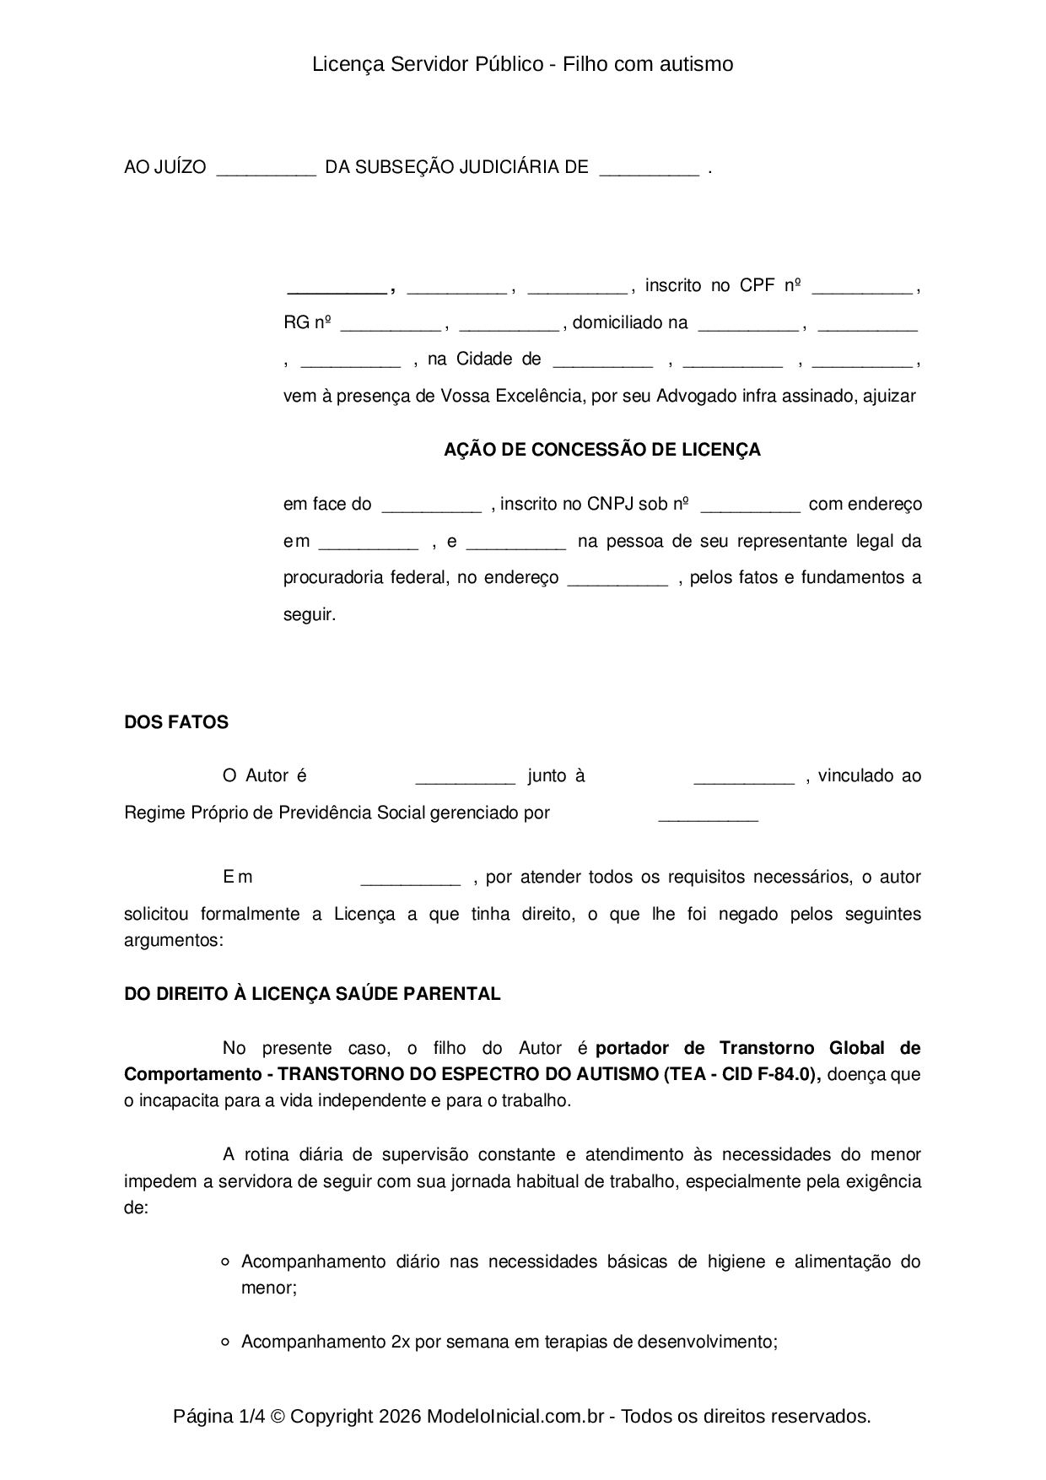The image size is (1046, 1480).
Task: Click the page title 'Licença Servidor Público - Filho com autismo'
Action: tap(522, 64)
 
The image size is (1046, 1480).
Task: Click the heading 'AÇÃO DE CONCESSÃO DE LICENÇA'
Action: tap(601, 450)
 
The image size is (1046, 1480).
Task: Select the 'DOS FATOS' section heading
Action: tap(175, 722)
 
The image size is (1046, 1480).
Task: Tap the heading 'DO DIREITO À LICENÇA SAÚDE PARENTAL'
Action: tap(312, 994)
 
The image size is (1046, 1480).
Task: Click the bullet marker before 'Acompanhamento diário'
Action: tap(225, 1262)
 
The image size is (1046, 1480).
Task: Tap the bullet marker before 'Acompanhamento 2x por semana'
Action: tap(225, 1342)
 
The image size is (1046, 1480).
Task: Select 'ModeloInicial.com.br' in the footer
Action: tap(515, 1416)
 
